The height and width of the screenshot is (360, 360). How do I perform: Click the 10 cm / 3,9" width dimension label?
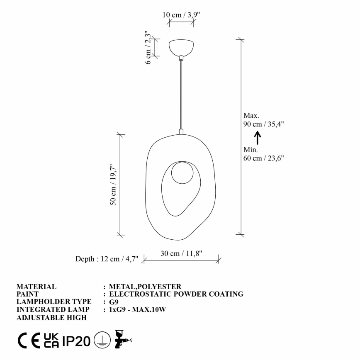(x=181, y=15)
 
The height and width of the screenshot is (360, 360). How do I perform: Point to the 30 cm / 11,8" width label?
(x=182, y=253)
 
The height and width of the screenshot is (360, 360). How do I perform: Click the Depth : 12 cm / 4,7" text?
(x=107, y=259)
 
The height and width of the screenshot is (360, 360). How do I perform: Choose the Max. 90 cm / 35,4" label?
(x=264, y=119)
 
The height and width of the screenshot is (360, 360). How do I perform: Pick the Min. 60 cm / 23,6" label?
(x=264, y=153)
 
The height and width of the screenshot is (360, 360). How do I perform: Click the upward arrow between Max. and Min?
(x=257, y=137)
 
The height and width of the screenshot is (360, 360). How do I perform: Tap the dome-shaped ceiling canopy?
(x=181, y=48)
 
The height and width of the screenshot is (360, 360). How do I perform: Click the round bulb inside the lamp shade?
(x=182, y=173)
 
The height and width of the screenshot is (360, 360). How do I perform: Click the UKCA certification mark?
(x=51, y=341)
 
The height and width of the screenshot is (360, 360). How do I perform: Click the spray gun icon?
(x=122, y=340)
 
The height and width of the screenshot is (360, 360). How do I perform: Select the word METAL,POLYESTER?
(x=145, y=287)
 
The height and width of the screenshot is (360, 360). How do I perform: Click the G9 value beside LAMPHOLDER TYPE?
(x=113, y=302)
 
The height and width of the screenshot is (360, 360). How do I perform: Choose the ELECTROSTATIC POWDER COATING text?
(x=176, y=294)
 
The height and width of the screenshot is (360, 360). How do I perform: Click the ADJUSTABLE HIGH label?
(x=51, y=318)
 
